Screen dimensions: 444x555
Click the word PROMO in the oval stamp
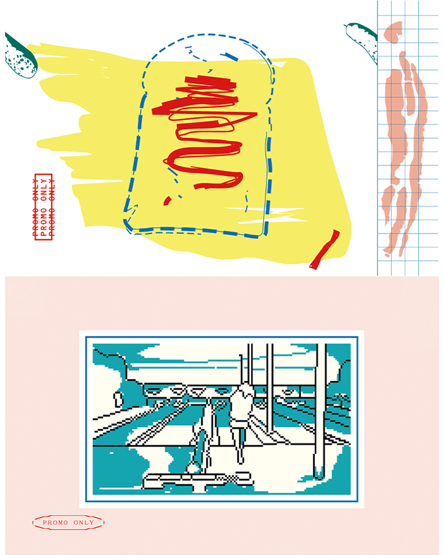coord(55,523)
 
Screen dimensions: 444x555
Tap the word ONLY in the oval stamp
coord(84,523)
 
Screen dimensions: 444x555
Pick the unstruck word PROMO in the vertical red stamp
coord(44,222)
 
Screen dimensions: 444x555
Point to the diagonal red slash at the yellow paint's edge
coord(325,249)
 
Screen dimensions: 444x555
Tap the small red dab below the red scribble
coord(167,201)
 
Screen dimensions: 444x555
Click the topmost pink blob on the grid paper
coord(393,32)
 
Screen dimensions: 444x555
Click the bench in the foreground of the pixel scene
coord(197,480)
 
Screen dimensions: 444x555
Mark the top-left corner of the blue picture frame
coord(86,337)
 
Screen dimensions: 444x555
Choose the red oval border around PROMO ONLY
coord(68,516)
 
